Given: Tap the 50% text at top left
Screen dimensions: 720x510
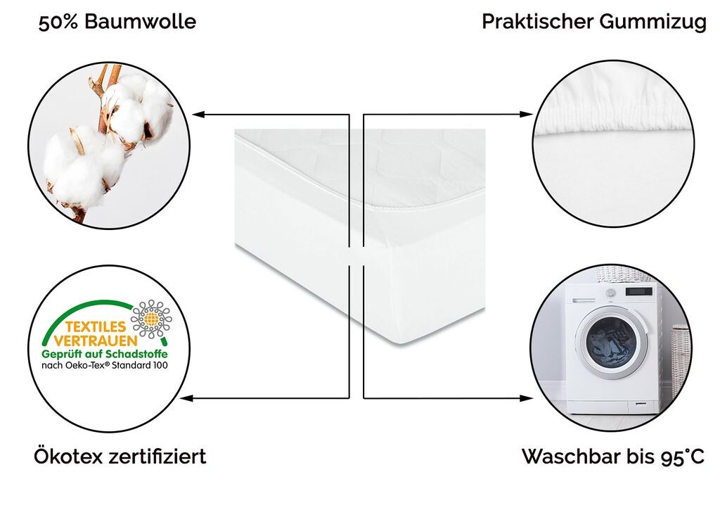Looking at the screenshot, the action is coord(58,22).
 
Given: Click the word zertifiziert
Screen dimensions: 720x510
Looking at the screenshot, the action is coord(157,457).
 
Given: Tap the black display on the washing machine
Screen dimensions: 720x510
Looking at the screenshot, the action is coord(638,291).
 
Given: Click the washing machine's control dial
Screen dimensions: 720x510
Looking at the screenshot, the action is coord(610,293).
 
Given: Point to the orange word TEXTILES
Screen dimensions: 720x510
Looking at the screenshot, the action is coord(96,326).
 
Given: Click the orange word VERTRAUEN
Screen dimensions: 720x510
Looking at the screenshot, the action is coord(96,340).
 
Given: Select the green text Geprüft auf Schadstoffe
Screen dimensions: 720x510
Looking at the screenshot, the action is coord(105,355).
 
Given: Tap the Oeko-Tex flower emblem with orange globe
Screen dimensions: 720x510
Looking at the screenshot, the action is coord(152,319).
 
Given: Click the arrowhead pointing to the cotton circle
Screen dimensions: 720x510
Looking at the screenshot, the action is coord(199,115).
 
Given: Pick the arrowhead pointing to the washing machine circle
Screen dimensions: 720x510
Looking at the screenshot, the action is coord(526,398).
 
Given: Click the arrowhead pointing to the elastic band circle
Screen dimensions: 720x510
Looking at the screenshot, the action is coord(526,114).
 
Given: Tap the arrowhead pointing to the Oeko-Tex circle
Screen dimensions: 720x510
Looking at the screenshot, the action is coord(186,398).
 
